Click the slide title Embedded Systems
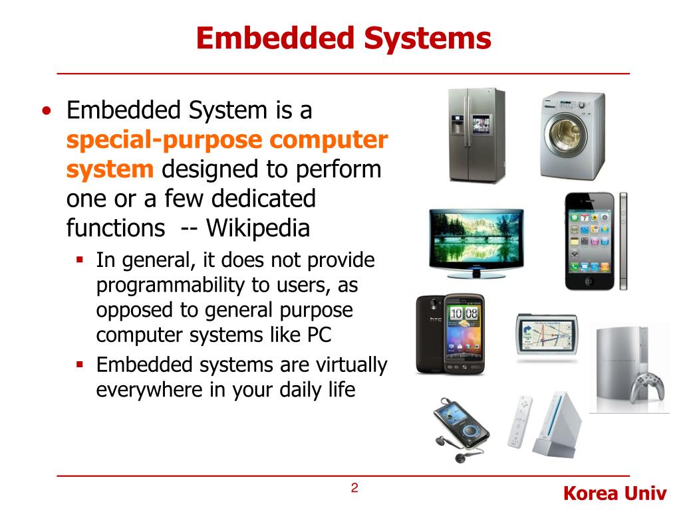[x=343, y=38]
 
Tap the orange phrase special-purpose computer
[x=227, y=140]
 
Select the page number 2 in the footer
[x=354, y=489]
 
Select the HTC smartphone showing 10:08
[x=450, y=335]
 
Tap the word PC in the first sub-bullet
[x=319, y=335]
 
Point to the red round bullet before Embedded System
[x=45, y=111]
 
